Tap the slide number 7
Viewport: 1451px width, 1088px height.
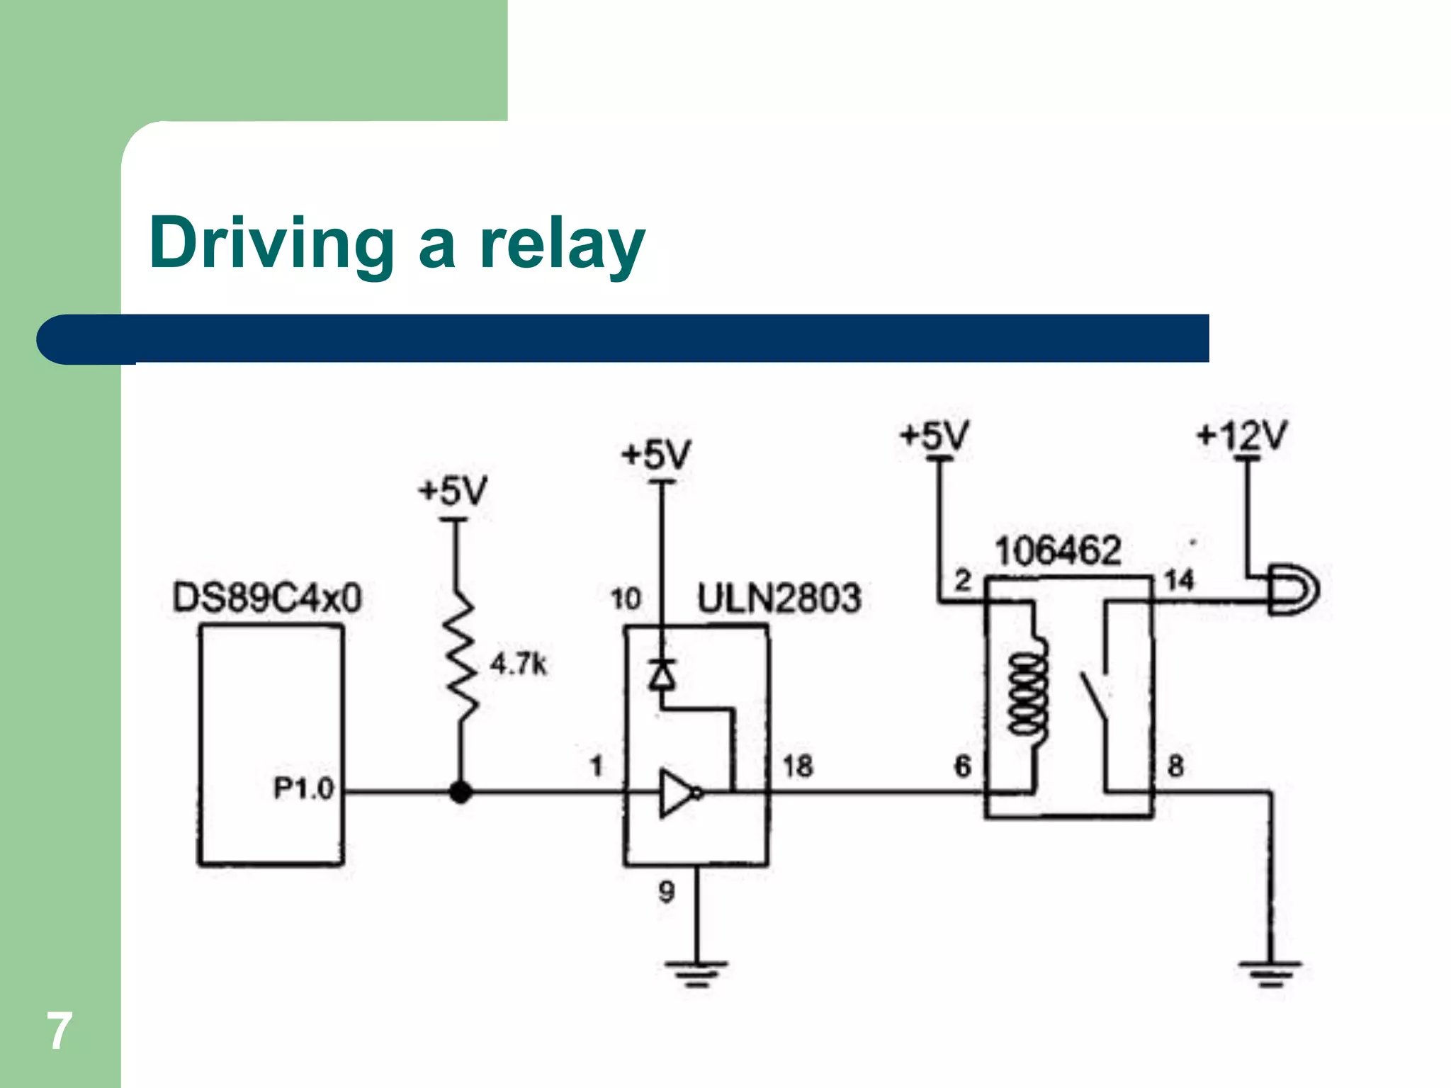(x=60, y=1031)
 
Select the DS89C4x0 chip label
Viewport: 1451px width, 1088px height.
(x=266, y=598)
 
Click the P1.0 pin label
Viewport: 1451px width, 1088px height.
(x=303, y=788)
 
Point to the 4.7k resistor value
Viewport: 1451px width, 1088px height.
(x=519, y=664)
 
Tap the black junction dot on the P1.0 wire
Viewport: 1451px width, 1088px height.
(x=461, y=792)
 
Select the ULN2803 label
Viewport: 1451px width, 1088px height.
(x=779, y=599)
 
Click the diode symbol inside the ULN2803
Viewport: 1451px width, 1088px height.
(x=662, y=673)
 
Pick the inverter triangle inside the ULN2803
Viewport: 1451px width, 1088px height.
(x=677, y=793)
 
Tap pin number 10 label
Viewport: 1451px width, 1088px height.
(x=626, y=599)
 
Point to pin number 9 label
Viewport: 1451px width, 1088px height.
(x=666, y=891)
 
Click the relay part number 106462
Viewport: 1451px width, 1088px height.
(x=1057, y=551)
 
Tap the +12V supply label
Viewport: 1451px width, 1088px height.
(x=1241, y=436)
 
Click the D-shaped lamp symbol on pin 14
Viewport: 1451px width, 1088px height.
(x=1293, y=589)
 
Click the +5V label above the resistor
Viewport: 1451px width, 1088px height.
(x=453, y=491)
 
